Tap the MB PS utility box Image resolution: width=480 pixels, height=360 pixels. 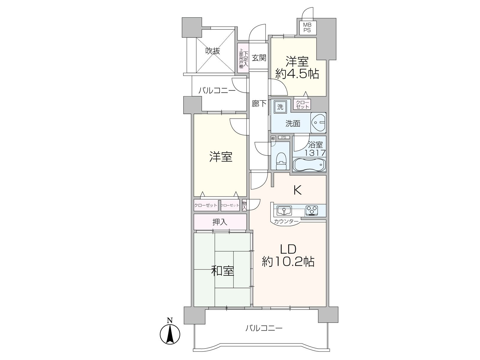pyautogui.click(x=307, y=28)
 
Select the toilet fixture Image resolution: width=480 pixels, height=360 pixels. pyautogui.click(x=281, y=161)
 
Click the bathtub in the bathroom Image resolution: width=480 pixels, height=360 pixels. pyautogui.click(x=309, y=165)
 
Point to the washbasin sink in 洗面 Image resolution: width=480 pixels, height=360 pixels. pyautogui.click(x=318, y=123)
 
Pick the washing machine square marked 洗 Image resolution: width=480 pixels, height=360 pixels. pyautogui.click(x=280, y=107)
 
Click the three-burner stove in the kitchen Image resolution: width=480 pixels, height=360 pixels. pyautogui.click(x=312, y=211)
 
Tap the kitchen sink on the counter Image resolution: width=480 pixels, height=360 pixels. pyautogui.click(x=284, y=211)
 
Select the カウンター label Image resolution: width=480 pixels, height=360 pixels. pyautogui.click(x=286, y=221)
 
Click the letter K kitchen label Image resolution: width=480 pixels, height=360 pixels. pyautogui.click(x=297, y=190)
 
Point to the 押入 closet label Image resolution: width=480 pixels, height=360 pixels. pyautogui.click(x=220, y=222)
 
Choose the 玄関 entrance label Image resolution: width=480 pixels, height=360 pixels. pyautogui.click(x=259, y=58)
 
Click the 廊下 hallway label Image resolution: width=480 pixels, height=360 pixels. pyautogui.click(x=259, y=103)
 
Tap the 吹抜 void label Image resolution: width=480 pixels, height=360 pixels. pyautogui.click(x=213, y=51)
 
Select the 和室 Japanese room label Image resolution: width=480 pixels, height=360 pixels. pyautogui.click(x=222, y=271)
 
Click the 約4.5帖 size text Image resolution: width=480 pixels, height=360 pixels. pyautogui.click(x=297, y=74)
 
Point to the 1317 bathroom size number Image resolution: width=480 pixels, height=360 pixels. pyautogui.click(x=315, y=153)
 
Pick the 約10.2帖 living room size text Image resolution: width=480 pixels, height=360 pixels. pyautogui.click(x=288, y=262)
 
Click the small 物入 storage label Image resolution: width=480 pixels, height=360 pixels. pyautogui.click(x=244, y=206)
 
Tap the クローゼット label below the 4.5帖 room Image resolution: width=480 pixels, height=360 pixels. pyautogui.click(x=302, y=104)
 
